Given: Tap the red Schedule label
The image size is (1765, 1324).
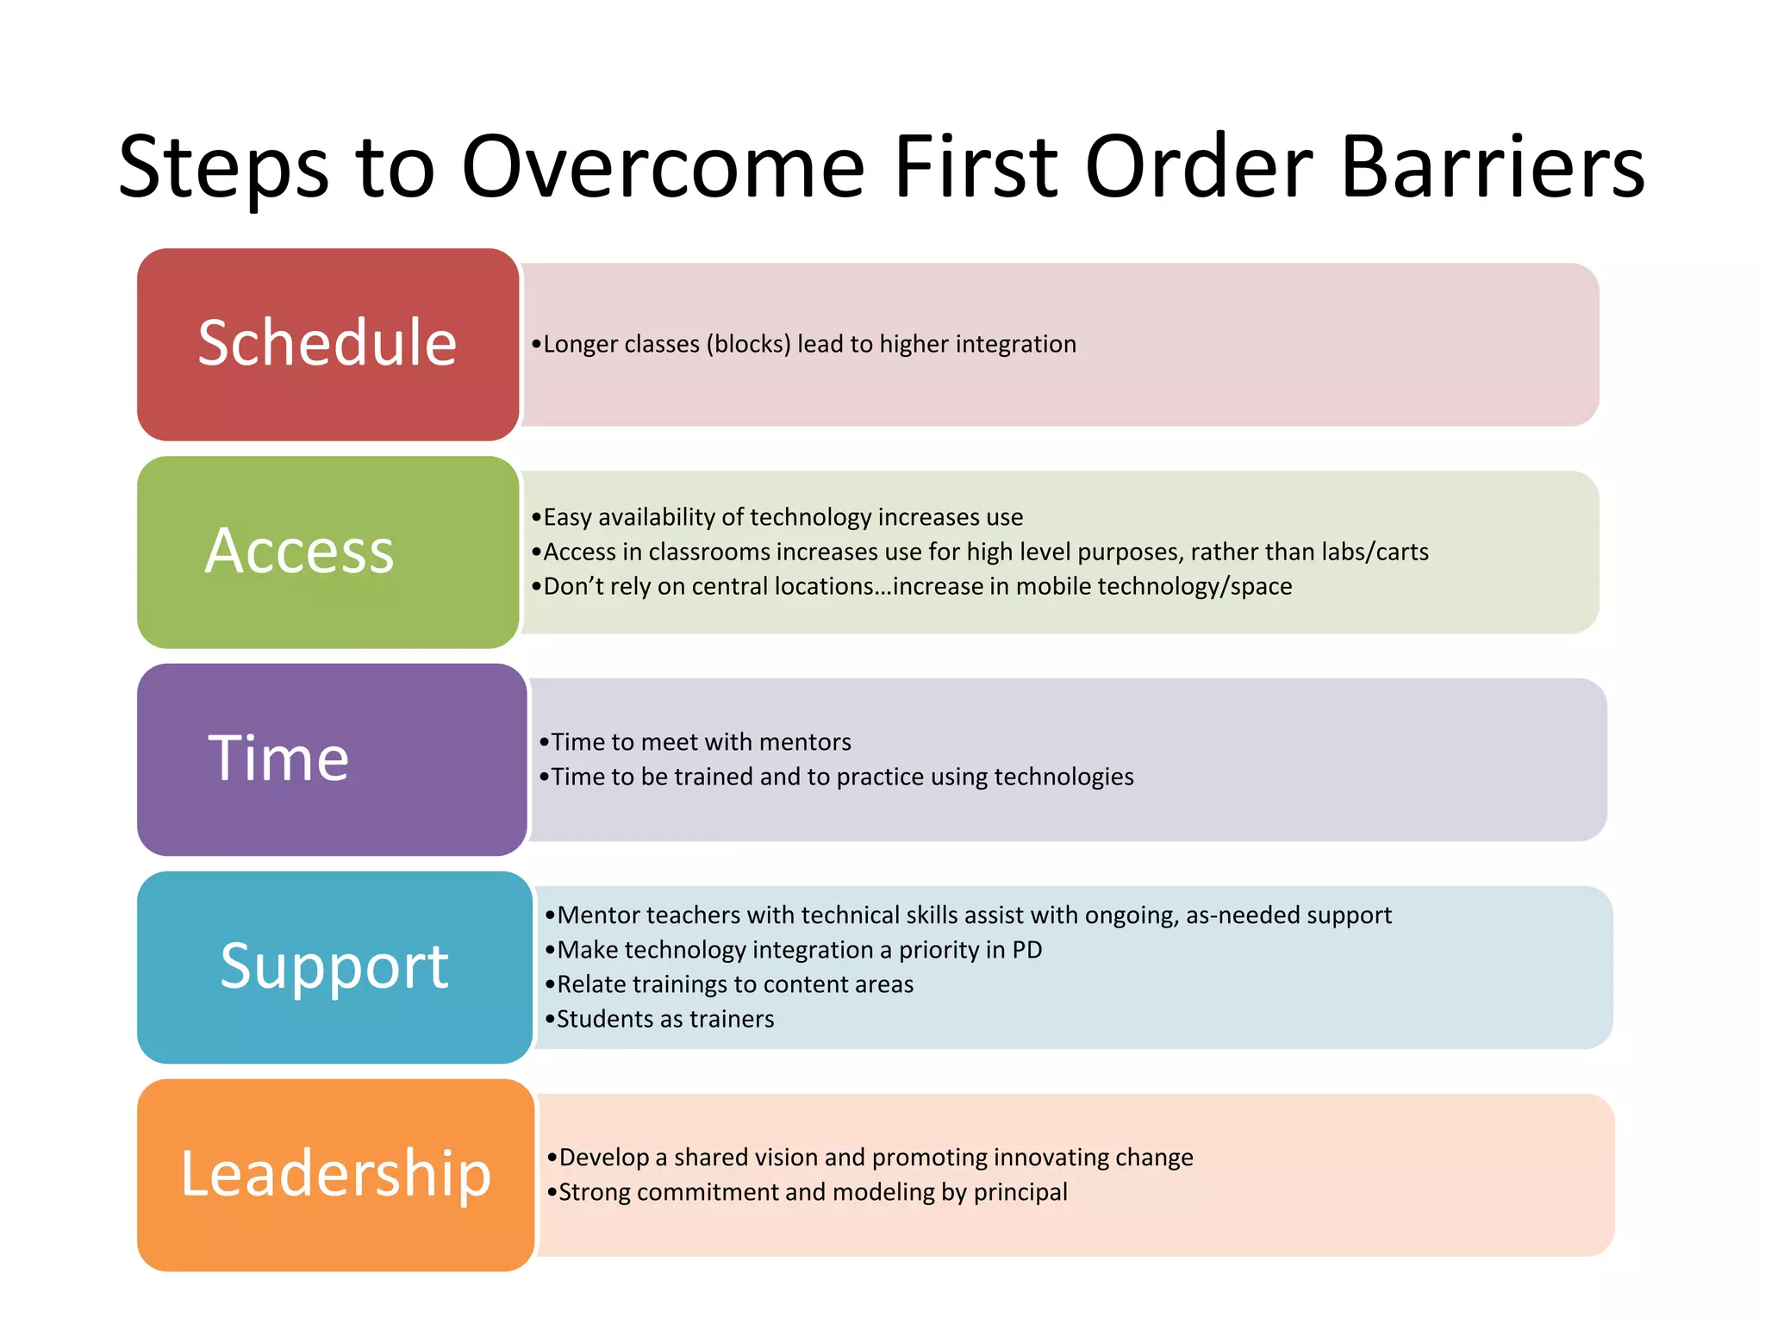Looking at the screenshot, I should [327, 343].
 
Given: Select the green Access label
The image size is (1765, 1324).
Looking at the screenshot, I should [300, 551].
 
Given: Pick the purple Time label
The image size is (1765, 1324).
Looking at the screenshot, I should [279, 759].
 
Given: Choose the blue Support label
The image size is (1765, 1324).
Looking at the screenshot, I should [334, 966].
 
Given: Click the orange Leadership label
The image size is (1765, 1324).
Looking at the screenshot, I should [335, 1174].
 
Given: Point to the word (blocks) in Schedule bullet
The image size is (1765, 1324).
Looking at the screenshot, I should [748, 344].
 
